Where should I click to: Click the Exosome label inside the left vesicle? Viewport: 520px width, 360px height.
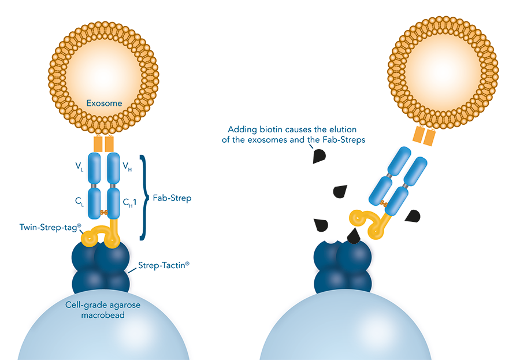105,103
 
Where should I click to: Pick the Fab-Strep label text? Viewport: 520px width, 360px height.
172,198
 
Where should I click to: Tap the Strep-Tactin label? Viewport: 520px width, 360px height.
164,266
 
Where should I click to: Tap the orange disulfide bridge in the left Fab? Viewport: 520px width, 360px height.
105,213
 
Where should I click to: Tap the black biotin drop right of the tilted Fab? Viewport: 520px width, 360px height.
413,216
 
